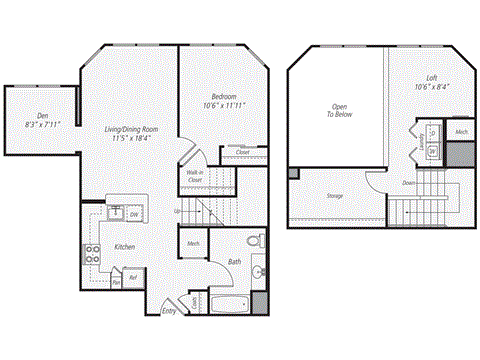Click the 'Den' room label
[43, 116]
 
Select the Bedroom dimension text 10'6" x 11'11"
[224, 104]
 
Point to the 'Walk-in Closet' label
[195, 177]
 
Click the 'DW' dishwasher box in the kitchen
[134, 213]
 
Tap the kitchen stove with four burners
[92, 253]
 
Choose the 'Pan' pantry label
[116, 283]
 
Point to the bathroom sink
[257, 272]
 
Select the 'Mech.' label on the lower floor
[193, 242]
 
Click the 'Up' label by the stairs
[178, 211]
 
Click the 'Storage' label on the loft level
[335, 195]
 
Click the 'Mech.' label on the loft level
[461, 132]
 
